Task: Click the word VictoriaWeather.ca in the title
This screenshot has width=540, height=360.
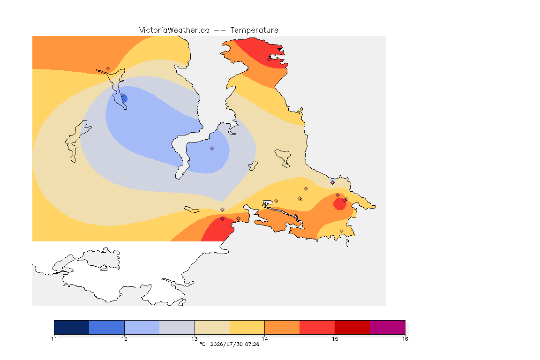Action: point(174,30)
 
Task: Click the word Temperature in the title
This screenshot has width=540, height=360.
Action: point(254,30)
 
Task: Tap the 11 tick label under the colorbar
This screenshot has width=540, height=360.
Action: point(54,339)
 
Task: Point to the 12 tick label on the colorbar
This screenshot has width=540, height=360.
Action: point(124,339)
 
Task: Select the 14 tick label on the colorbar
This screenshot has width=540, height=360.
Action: point(264,339)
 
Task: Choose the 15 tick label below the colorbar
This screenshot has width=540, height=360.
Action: point(335,339)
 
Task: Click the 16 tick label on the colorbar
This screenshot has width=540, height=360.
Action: point(405,339)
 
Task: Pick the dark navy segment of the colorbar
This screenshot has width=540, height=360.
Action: point(72,327)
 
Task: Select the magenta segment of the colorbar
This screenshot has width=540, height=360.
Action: point(388,327)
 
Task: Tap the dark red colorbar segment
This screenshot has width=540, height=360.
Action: point(352,327)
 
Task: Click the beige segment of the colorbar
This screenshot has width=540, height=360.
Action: point(212,327)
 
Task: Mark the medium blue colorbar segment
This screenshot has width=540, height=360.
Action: point(107,327)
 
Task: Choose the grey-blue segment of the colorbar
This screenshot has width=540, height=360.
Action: point(177,327)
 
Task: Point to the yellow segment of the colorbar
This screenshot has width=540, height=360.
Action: point(247,327)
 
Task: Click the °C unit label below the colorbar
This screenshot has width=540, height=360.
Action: point(202,344)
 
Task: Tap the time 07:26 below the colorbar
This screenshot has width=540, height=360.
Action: point(252,344)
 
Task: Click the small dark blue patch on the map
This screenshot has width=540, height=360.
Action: point(125,99)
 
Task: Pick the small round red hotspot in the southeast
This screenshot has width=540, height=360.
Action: point(339,203)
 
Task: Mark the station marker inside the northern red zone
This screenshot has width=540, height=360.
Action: point(270,59)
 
